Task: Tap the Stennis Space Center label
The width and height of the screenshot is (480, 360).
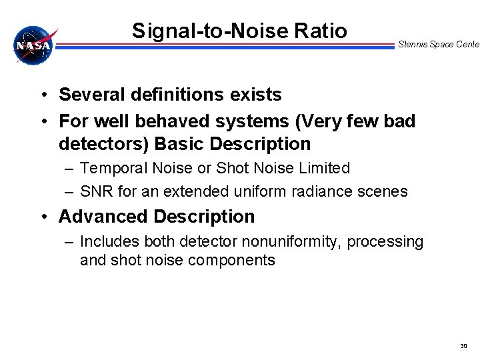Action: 438,45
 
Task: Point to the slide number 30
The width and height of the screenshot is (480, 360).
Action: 464,346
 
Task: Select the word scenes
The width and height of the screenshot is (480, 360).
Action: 383,191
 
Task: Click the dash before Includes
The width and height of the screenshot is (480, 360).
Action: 69,241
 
